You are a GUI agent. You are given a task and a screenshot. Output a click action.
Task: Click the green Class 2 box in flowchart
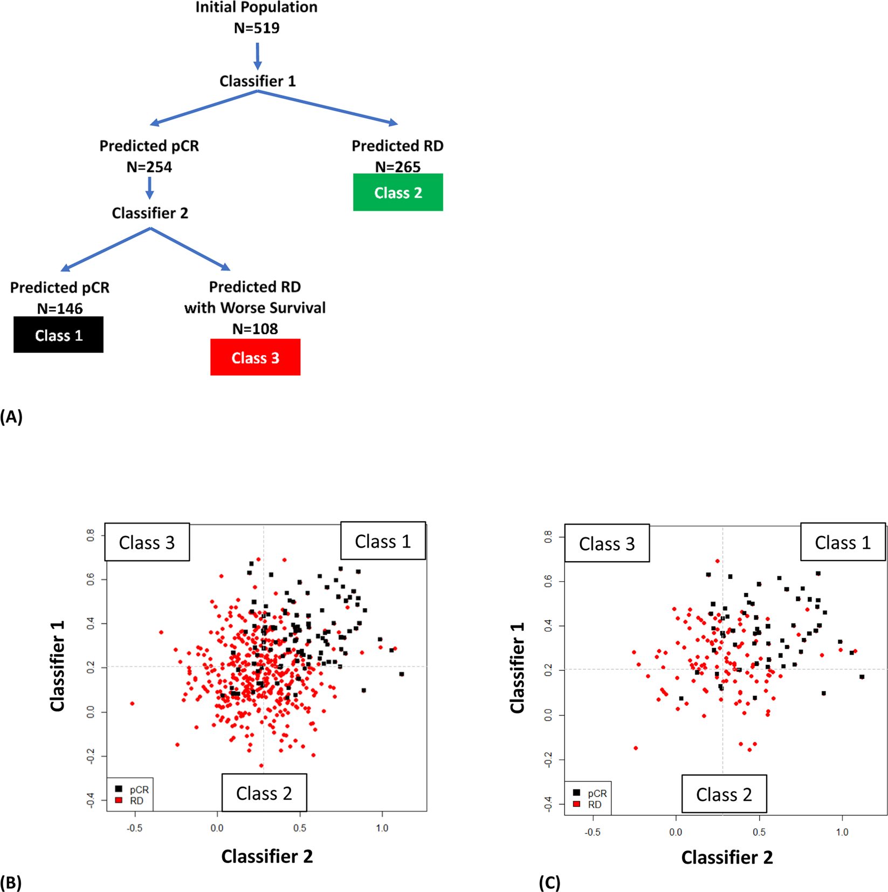pyautogui.click(x=398, y=193)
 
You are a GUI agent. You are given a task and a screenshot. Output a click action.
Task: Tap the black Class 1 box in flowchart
pyautogui.click(x=58, y=335)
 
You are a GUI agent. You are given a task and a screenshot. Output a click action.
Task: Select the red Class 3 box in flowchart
pyautogui.click(x=255, y=357)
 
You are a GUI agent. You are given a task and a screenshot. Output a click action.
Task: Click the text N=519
pyautogui.click(x=257, y=28)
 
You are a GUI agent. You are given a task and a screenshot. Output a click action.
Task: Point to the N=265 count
pyautogui.click(x=397, y=167)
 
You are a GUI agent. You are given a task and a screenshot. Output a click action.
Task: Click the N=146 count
pyautogui.click(x=60, y=309)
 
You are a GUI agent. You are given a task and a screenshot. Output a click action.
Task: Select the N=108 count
pyautogui.click(x=255, y=329)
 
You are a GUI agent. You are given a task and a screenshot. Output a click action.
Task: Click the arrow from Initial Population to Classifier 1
pyautogui.click(x=258, y=56)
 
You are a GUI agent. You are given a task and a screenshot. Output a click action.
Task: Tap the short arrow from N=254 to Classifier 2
pyautogui.click(x=150, y=187)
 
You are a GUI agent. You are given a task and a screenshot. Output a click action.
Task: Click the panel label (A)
pyautogui.click(x=11, y=417)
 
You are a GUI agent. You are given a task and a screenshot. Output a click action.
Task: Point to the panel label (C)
pyautogui.click(x=549, y=883)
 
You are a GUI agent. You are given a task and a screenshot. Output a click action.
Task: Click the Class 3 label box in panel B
pyautogui.click(x=147, y=542)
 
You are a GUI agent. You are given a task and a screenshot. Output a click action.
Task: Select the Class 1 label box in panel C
pyautogui.click(x=842, y=542)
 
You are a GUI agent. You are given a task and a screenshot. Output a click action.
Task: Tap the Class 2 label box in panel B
pyautogui.click(x=264, y=793)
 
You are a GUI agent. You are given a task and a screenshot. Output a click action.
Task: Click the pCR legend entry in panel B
pyautogui.click(x=132, y=789)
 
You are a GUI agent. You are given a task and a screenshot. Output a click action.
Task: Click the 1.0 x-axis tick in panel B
pyautogui.click(x=382, y=828)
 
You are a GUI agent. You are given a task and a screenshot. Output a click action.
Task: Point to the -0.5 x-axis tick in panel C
pyautogui.click(x=593, y=832)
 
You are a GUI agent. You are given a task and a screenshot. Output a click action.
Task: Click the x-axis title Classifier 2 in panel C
pyautogui.click(x=727, y=857)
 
